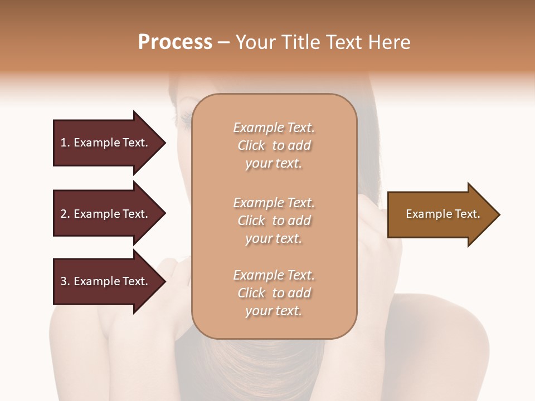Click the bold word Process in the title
[x=175, y=42]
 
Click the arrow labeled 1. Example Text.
[x=106, y=143]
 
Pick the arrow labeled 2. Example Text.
[x=106, y=214]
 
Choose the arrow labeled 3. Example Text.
[x=106, y=281]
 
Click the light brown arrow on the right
[x=440, y=214]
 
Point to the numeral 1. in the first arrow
[x=65, y=143]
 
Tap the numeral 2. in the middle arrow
[x=65, y=214]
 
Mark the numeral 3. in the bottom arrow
[x=65, y=281]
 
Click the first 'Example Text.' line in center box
[x=274, y=128]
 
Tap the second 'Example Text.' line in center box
[x=274, y=202]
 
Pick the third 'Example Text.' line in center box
[x=274, y=275]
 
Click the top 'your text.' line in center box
[x=274, y=164]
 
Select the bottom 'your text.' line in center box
[x=274, y=311]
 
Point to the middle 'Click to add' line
[x=274, y=221]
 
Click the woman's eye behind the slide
[x=184, y=118]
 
